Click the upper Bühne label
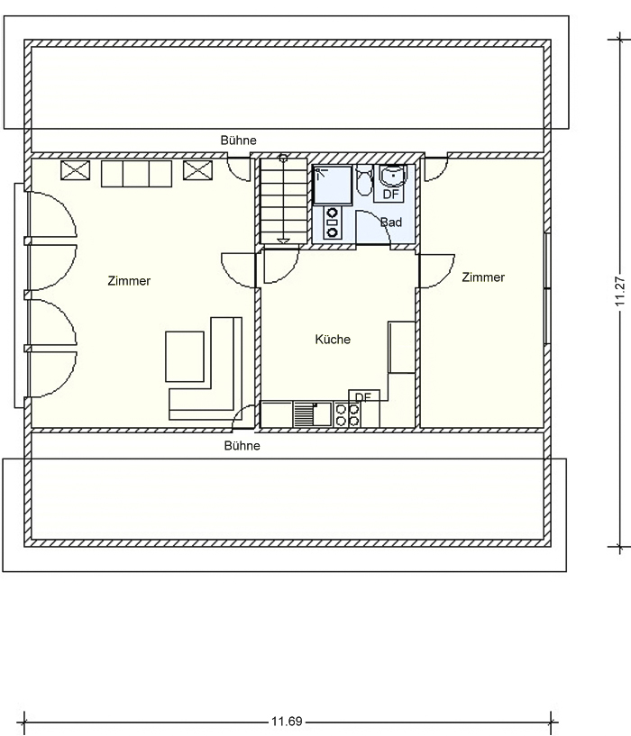(x=239, y=141)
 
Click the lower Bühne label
(x=242, y=445)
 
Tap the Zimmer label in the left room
(x=129, y=281)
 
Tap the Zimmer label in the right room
(x=483, y=277)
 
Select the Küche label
(x=333, y=339)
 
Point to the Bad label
(x=391, y=222)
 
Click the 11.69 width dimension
(x=287, y=721)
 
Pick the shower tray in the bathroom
(x=333, y=185)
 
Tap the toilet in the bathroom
(x=364, y=181)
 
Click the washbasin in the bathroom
(x=393, y=177)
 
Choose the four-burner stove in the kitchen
(x=348, y=414)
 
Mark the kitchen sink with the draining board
(x=313, y=414)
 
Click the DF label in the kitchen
(x=363, y=396)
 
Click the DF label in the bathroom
(x=390, y=194)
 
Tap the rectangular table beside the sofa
(x=185, y=357)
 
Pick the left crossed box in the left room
(x=75, y=170)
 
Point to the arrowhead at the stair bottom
(x=283, y=241)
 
